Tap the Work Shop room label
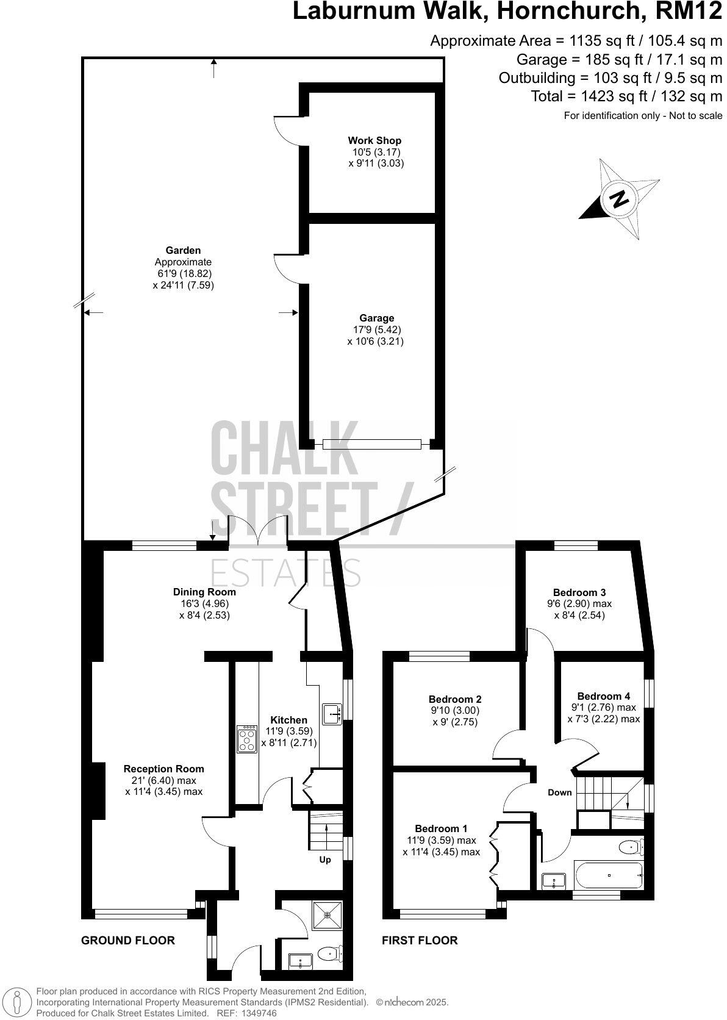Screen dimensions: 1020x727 click(x=374, y=141)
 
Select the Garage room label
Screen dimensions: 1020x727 click(x=376, y=318)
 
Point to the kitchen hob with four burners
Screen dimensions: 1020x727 click(x=246, y=739)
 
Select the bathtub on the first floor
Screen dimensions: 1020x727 click(x=607, y=875)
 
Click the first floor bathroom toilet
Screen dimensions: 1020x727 click(x=630, y=847)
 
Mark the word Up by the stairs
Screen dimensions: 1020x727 click(x=325, y=860)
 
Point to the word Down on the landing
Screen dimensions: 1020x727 click(x=559, y=792)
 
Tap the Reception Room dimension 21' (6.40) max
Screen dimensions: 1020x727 click(x=163, y=780)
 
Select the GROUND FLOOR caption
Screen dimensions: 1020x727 click(x=128, y=940)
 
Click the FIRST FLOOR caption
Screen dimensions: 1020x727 click(x=420, y=940)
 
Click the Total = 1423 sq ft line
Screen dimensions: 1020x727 click(x=626, y=96)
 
